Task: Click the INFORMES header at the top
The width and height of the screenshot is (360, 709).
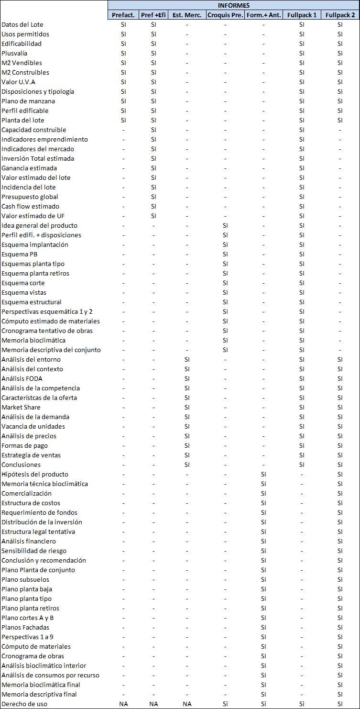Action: [x=234, y=5]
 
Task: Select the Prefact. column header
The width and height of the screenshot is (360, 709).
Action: [x=123, y=15]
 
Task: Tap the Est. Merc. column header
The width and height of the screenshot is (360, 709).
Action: [x=187, y=15]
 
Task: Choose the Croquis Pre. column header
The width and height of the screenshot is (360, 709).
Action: [x=225, y=15]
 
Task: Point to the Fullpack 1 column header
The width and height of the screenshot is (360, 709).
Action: [x=302, y=15]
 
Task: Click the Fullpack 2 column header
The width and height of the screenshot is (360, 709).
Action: [x=340, y=15]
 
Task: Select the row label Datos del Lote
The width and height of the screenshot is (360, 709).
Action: [x=22, y=24]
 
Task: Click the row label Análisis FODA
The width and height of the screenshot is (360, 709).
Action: [x=22, y=378]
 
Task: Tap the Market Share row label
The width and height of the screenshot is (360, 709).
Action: [x=21, y=407]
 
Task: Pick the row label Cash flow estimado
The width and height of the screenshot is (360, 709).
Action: [x=30, y=206]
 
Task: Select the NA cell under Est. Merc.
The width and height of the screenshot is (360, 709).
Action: [x=187, y=704]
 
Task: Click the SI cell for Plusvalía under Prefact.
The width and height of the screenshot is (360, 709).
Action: [x=123, y=53]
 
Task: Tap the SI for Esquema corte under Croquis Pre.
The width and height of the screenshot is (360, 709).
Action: [x=225, y=283]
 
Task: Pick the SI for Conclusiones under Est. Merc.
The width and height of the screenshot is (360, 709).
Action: [x=187, y=465]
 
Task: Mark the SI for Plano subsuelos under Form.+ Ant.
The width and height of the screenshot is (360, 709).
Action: [x=263, y=579]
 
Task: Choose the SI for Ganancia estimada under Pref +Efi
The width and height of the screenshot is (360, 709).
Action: [x=153, y=168]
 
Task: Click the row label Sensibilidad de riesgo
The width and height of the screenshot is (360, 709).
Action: [x=34, y=551]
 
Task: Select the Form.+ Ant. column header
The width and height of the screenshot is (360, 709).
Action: [x=263, y=15]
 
